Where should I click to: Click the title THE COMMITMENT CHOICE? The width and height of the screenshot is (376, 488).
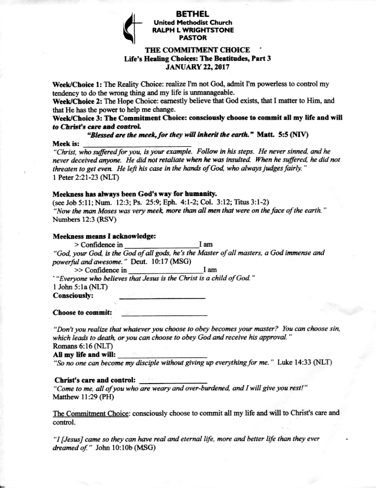197,50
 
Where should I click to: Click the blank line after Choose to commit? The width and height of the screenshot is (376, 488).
164,315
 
